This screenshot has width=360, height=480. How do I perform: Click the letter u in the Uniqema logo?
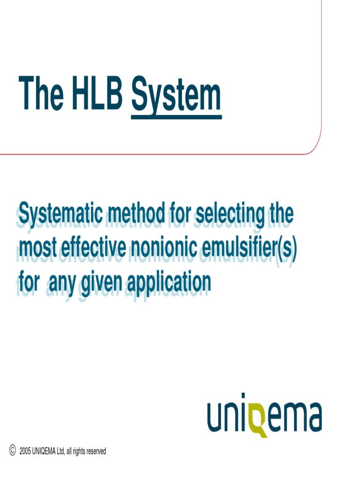217,415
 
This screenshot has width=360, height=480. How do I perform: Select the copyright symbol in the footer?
13,450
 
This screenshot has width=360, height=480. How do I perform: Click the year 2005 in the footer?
25,451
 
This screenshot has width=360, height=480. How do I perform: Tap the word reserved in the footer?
96,451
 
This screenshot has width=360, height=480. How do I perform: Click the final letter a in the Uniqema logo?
312,415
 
